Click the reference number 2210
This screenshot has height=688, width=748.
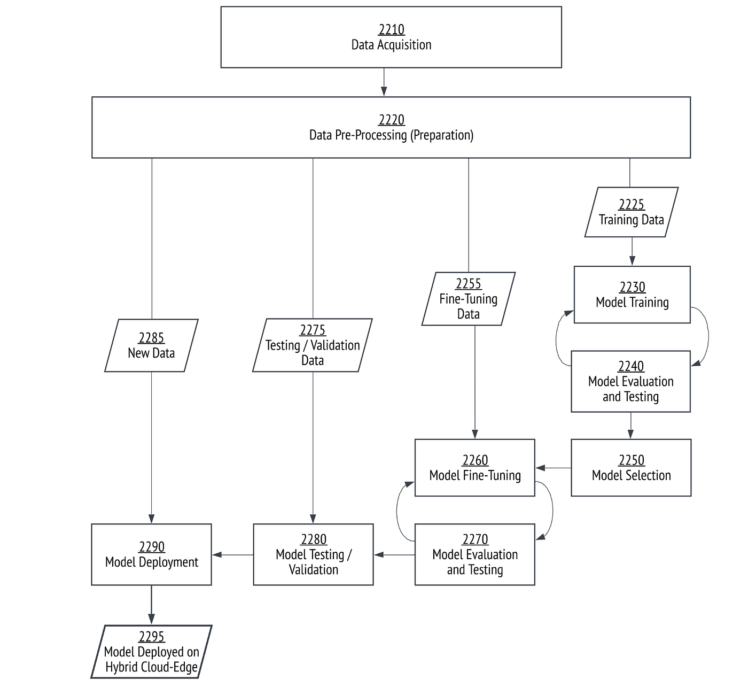tap(392, 29)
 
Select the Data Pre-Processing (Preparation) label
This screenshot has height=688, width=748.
tap(392, 135)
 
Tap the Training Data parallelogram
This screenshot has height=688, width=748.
tap(632, 212)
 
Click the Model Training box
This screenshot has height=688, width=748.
tap(632, 295)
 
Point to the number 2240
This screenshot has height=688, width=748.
tap(631, 366)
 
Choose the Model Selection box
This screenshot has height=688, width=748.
tap(631, 468)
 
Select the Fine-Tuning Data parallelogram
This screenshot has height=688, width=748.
tap(469, 299)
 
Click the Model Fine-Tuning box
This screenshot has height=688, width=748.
tap(474, 468)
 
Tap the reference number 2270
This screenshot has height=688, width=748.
tap(475, 539)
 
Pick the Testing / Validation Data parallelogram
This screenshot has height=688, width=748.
tap(313, 345)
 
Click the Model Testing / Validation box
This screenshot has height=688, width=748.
tap(313, 554)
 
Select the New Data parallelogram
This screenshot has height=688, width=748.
tap(151, 345)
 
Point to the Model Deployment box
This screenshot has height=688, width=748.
tap(151, 554)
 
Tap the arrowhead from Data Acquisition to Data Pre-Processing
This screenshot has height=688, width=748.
tap(384, 91)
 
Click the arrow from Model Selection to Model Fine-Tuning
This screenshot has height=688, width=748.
tap(554, 468)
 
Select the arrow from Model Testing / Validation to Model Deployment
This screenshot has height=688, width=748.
tap(232, 555)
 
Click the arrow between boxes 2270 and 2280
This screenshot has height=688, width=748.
tap(394, 555)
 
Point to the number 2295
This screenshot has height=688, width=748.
tap(152, 637)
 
